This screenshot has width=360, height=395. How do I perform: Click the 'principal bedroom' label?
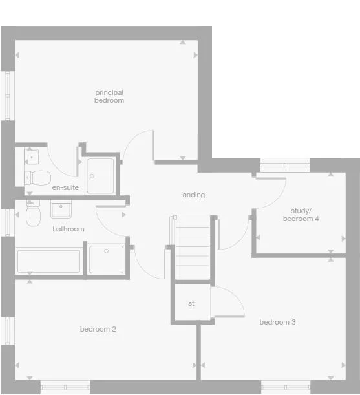pos(109,96)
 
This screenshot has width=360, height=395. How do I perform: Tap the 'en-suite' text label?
pos(65,187)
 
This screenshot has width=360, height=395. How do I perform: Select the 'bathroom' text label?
pos(69,229)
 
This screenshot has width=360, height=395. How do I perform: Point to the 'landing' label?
pos(193,195)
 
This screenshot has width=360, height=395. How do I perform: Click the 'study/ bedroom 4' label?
pos(301,215)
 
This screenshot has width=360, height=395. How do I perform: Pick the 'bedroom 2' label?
pos(98,329)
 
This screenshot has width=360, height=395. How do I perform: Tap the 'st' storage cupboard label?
pos(191,303)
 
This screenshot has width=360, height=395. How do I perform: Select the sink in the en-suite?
pos(32,156)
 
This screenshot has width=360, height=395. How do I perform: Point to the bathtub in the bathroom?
pos(49,261)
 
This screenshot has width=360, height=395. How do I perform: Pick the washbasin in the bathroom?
pos(62,209)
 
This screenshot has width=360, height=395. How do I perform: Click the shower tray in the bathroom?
pos(106,259)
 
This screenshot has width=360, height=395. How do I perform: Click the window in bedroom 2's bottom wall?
pos(65,387)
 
